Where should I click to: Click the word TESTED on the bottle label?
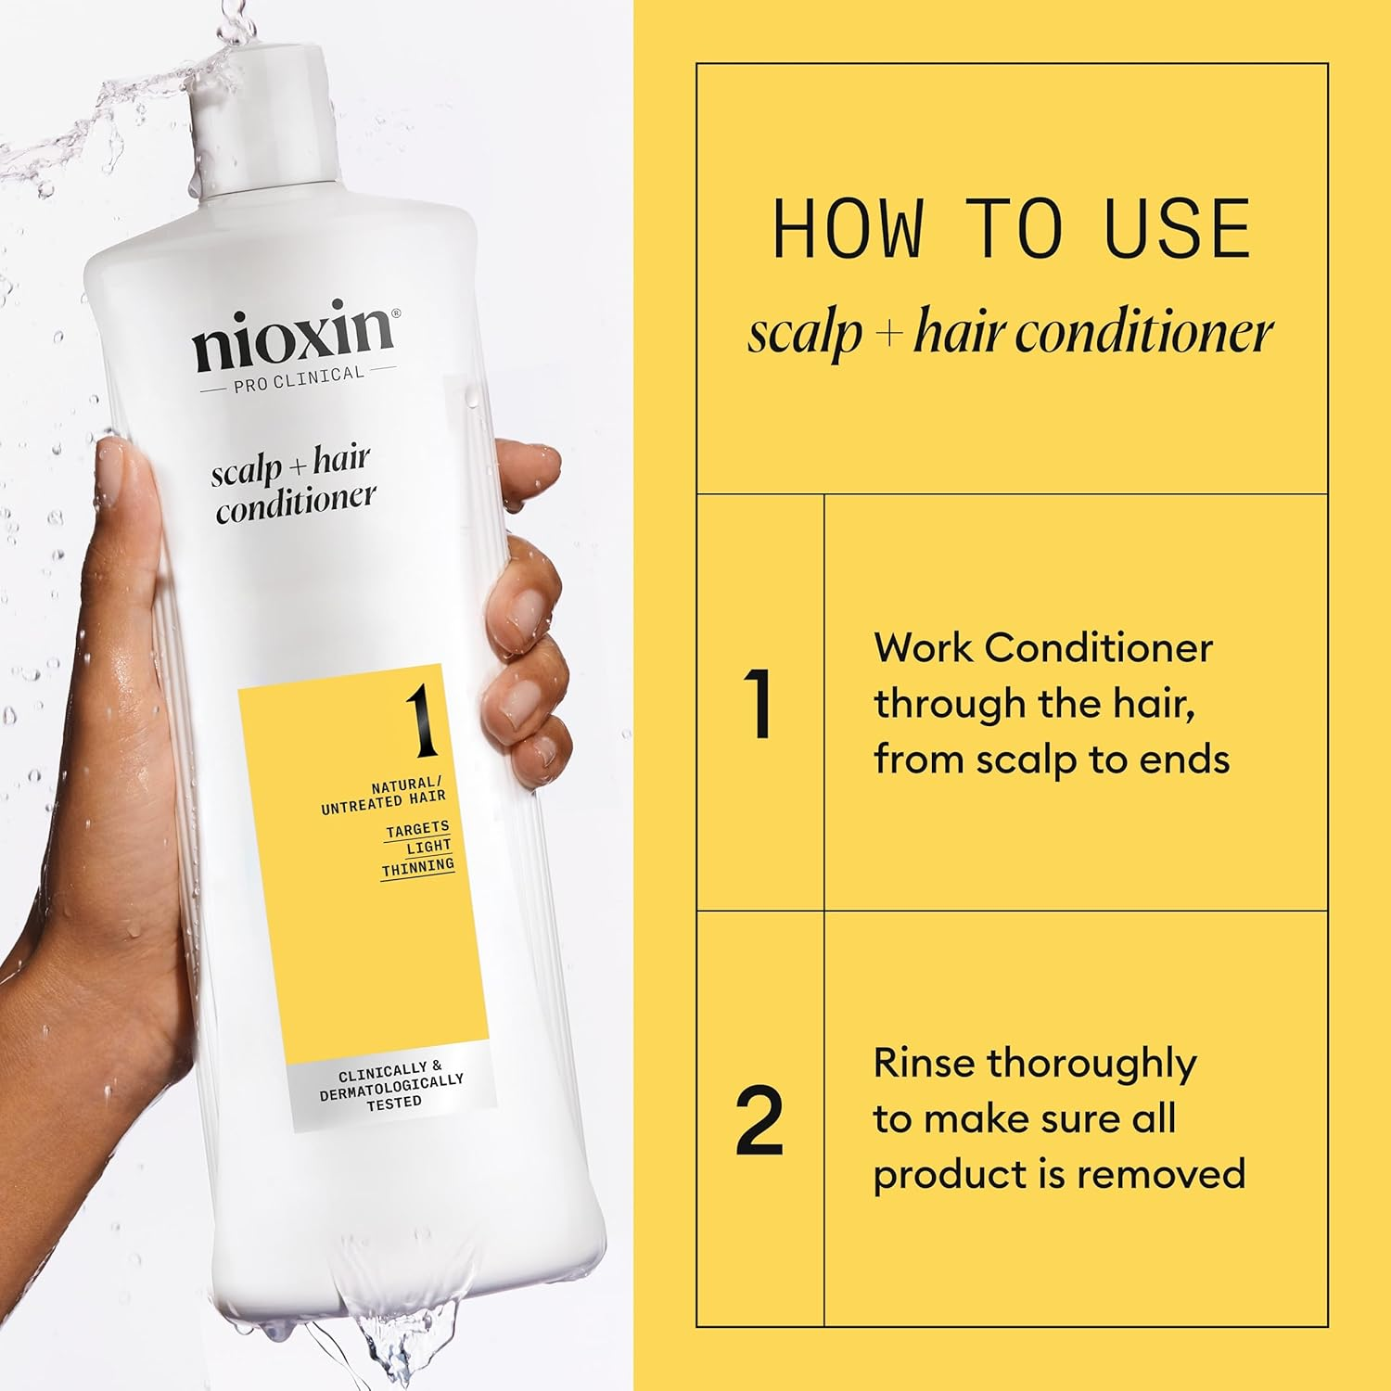393,1104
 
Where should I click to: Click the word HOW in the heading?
848,229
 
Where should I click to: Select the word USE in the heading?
1178,229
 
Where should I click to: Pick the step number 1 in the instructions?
759,705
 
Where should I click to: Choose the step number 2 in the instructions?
759,1122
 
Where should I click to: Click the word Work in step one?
922,647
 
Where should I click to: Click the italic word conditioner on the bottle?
296,504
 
